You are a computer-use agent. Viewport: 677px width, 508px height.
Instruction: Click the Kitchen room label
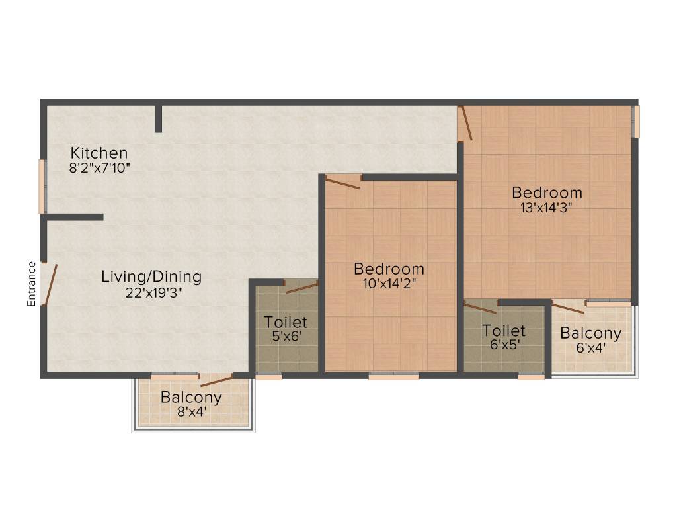coord(99,153)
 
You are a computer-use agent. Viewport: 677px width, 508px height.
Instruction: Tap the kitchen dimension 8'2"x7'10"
coord(99,168)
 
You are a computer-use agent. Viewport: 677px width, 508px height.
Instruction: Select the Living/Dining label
coord(151,276)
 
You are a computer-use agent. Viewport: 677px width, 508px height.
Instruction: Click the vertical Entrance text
coord(31,284)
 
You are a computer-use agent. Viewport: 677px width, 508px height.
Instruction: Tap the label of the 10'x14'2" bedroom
coord(389,269)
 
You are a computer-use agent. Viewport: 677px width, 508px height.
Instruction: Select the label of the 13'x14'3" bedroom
coord(547,192)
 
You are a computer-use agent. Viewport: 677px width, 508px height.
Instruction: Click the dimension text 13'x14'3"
coord(546,207)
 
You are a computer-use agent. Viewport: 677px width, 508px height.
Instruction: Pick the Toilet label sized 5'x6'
coord(286,322)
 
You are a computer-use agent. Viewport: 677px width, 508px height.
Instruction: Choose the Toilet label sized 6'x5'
coord(504,330)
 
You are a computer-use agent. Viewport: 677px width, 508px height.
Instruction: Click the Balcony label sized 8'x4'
coord(191,398)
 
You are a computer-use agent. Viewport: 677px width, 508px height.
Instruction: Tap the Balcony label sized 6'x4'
coord(590,333)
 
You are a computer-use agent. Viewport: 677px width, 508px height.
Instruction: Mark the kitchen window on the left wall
coord(42,187)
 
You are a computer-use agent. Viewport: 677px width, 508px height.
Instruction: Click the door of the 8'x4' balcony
coord(216,380)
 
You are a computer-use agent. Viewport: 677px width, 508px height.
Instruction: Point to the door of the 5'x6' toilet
coord(301,287)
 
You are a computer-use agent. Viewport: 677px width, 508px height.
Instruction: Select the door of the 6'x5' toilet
coord(480,307)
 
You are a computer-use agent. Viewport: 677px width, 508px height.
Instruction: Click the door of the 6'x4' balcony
coord(569,307)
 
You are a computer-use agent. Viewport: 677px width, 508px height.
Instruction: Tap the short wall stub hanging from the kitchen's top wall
coord(159,118)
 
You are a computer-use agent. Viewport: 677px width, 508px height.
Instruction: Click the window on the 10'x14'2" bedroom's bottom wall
coord(393,376)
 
